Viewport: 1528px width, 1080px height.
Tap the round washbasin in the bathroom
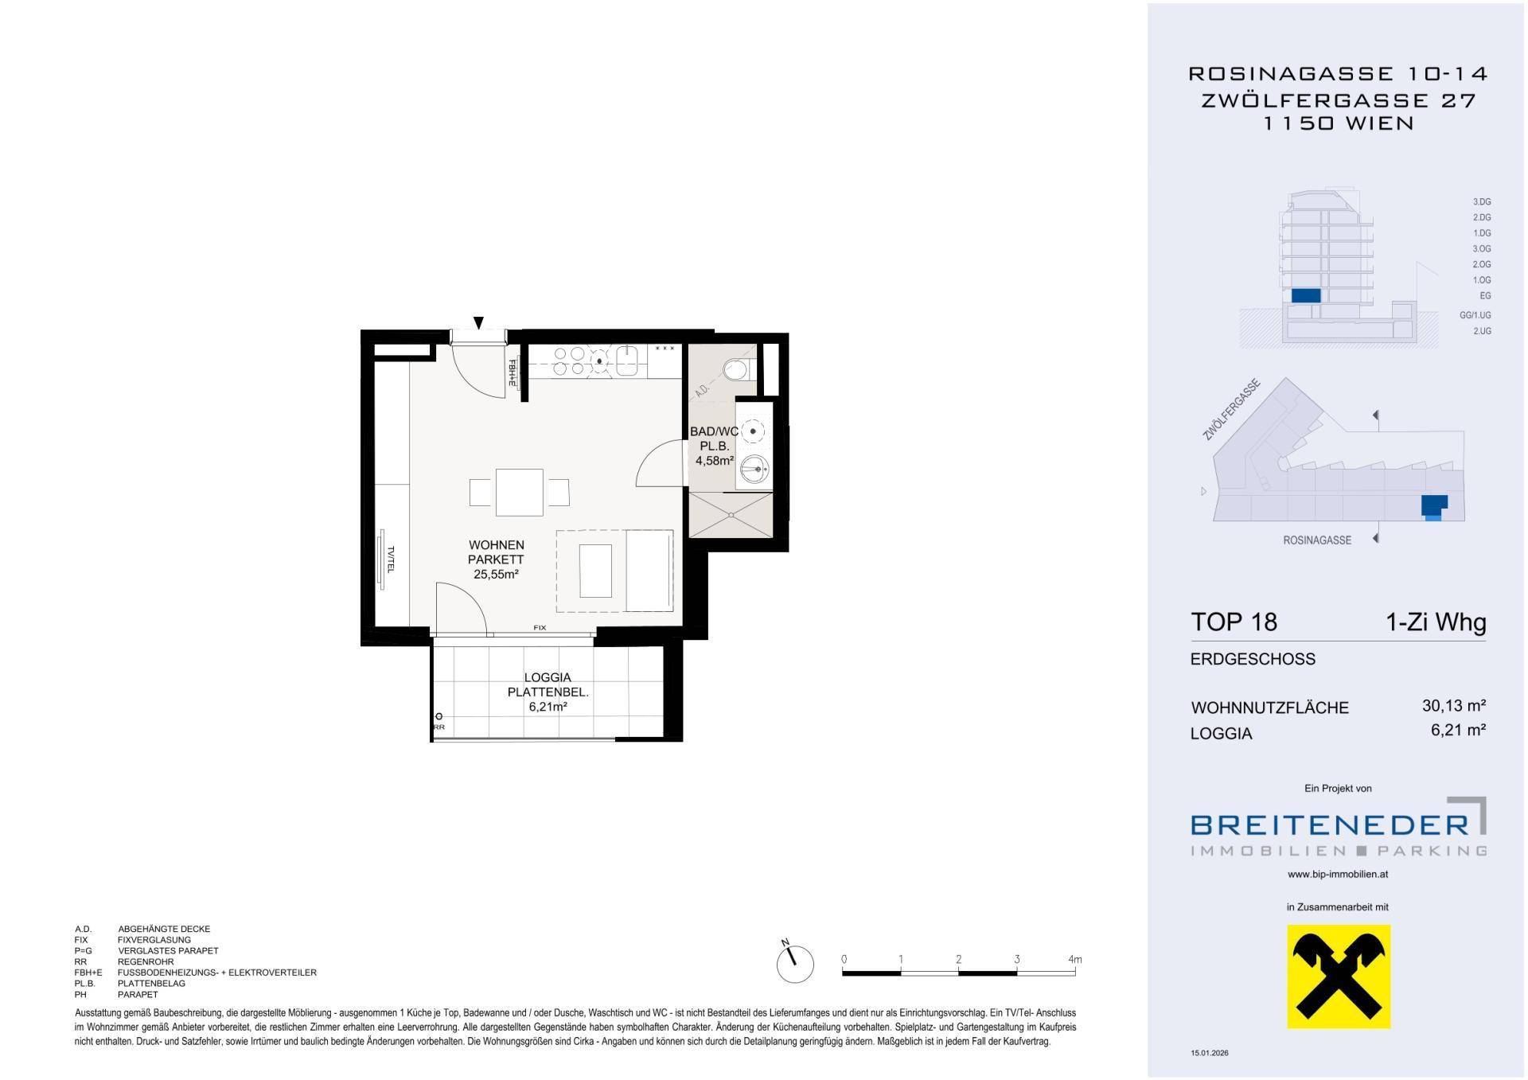click(x=753, y=470)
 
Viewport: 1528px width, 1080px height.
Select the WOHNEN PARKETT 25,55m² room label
click(x=496, y=559)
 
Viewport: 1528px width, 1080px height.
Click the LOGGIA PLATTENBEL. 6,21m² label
click(x=548, y=692)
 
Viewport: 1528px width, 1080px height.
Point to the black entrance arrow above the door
click(x=478, y=322)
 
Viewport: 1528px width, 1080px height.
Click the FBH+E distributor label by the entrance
click(x=513, y=373)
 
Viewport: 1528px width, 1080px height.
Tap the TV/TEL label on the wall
click(x=391, y=559)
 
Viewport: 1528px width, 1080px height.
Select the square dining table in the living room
click(x=520, y=493)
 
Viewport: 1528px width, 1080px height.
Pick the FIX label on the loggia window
click(x=540, y=628)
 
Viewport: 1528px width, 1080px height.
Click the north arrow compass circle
click(x=795, y=965)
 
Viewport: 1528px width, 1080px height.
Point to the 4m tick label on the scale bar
click(x=1075, y=960)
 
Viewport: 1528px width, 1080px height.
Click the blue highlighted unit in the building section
click(x=1306, y=296)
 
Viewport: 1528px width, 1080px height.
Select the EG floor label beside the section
click(x=1485, y=296)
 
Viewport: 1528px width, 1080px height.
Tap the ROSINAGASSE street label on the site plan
click(x=1317, y=540)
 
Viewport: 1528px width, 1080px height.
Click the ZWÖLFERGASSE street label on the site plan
click(x=1232, y=410)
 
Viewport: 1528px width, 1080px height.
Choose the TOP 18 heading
click(x=1234, y=622)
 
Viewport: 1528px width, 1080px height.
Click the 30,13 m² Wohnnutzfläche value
click(x=1454, y=705)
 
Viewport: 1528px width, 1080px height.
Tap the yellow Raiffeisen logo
click(x=1339, y=977)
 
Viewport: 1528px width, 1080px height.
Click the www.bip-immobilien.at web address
click(x=1338, y=874)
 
